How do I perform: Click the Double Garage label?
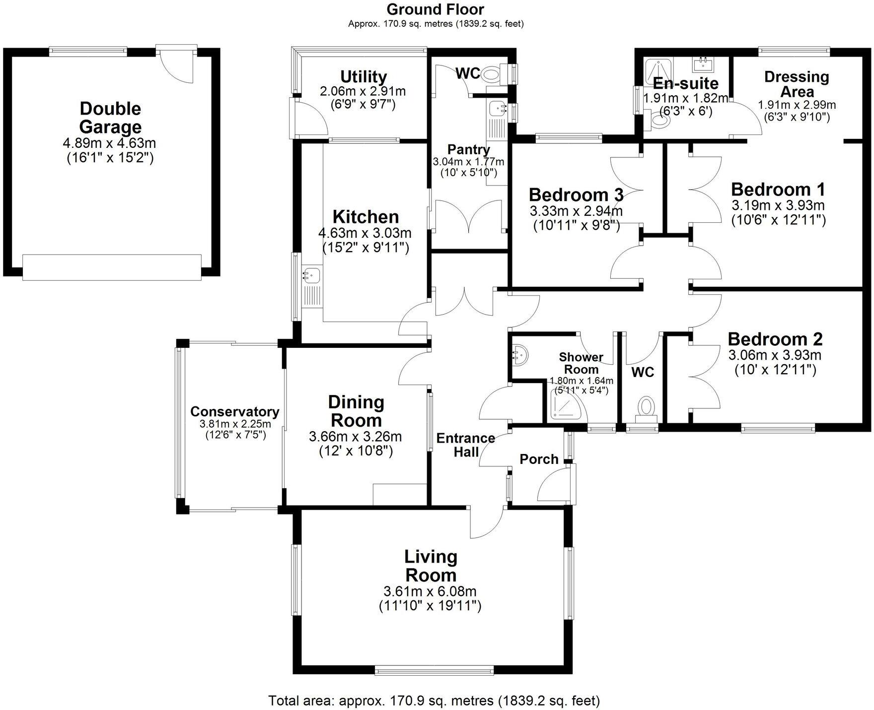click(x=110, y=118)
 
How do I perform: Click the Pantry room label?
click(x=468, y=149)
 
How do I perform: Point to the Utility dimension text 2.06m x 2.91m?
click(x=363, y=91)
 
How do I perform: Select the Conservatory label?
click(x=234, y=411)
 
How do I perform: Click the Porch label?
click(x=539, y=459)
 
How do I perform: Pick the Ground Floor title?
click(x=435, y=9)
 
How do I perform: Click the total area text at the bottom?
click(x=434, y=700)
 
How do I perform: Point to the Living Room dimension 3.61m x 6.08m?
click(x=430, y=591)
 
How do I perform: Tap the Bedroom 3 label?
click(x=576, y=194)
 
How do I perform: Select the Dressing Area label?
click(x=797, y=84)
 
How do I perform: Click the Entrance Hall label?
click(x=466, y=445)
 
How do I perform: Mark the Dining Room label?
click(x=356, y=411)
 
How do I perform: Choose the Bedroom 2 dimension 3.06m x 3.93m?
click(x=775, y=355)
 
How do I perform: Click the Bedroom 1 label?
click(x=778, y=189)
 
